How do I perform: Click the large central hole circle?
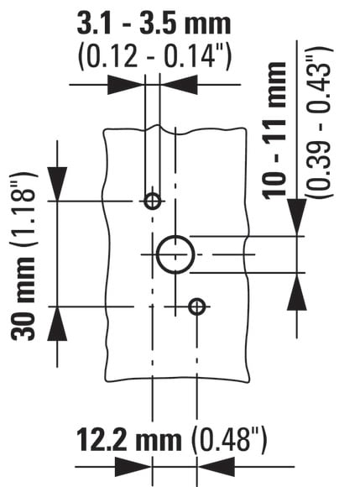(x=157, y=254)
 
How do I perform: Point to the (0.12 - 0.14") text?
(x=154, y=56)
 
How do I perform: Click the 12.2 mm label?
(x=128, y=440)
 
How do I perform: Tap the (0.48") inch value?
(x=229, y=440)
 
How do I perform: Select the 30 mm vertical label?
(x=23, y=299)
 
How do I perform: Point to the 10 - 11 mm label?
(x=274, y=130)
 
